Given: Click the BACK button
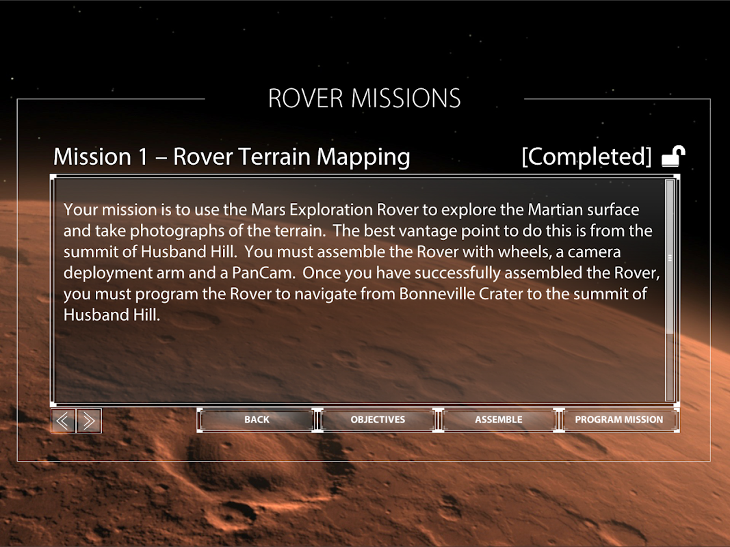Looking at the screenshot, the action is tap(257, 420).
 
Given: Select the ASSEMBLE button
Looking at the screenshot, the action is tap(499, 420).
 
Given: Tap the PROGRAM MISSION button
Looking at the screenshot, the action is tap(618, 420).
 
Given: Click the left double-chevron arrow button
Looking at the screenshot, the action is tap(63, 421).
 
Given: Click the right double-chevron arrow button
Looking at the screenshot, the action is tap(89, 421).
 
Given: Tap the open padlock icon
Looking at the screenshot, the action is tap(673, 157).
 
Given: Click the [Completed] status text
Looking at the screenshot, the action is tap(586, 157).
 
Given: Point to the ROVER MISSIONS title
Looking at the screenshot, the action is tap(365, 98).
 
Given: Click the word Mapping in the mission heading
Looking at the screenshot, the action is tap(363, 157).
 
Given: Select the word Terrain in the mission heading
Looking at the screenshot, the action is tap(274, 157).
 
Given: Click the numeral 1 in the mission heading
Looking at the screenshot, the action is tap(142, 157).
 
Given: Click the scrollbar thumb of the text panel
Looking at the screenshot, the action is tap(670, 257).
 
